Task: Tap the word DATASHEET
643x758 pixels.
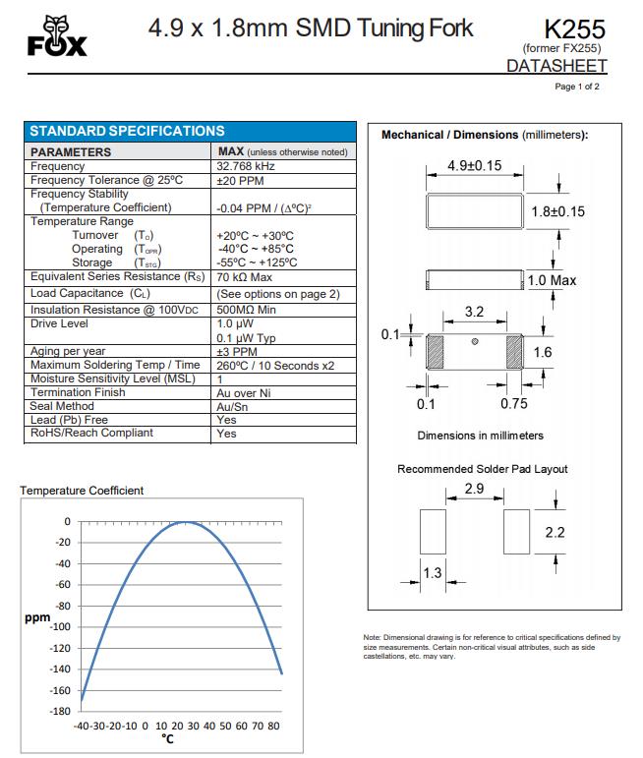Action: point(556,66)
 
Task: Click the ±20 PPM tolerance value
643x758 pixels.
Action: point(240,180)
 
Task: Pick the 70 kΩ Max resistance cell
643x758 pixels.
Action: point(244,277)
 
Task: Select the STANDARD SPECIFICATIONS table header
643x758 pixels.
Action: point(128,131)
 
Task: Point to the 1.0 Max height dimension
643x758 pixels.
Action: point(553,281)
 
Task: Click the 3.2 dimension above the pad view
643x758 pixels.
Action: point(474,313)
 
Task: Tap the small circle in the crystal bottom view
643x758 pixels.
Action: point(474,342)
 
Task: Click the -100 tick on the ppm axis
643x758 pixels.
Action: point(60,627)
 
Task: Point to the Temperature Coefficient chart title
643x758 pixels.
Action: point(82,491)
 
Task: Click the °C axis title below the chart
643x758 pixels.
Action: point(167,740)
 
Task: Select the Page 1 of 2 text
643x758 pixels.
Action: point(577,87)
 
